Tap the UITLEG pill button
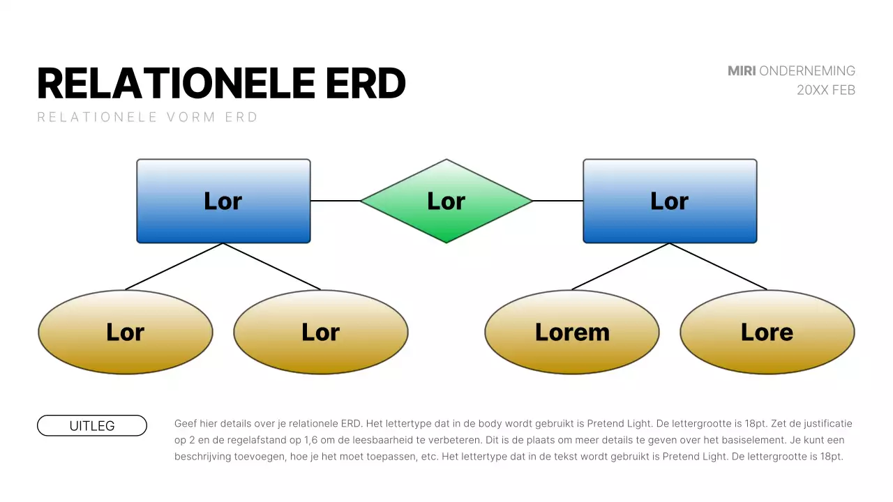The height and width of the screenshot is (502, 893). tap(92, 425)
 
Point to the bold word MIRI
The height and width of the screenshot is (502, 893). tap(742, 71)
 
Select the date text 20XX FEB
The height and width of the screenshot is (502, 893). tap(826, 90)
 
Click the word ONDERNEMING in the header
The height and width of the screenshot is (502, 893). tap(807, 71)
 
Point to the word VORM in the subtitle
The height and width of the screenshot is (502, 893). tap(191, 117)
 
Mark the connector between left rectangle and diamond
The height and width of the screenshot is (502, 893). tap(335, 201)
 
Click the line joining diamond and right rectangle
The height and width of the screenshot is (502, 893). tap(558, 201)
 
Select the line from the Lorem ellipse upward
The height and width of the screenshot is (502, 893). tap(621, 266)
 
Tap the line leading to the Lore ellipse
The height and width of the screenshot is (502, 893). tap(719, 266)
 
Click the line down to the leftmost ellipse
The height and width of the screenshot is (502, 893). tap(174, 266)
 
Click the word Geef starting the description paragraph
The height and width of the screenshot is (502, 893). tap(186, 423)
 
